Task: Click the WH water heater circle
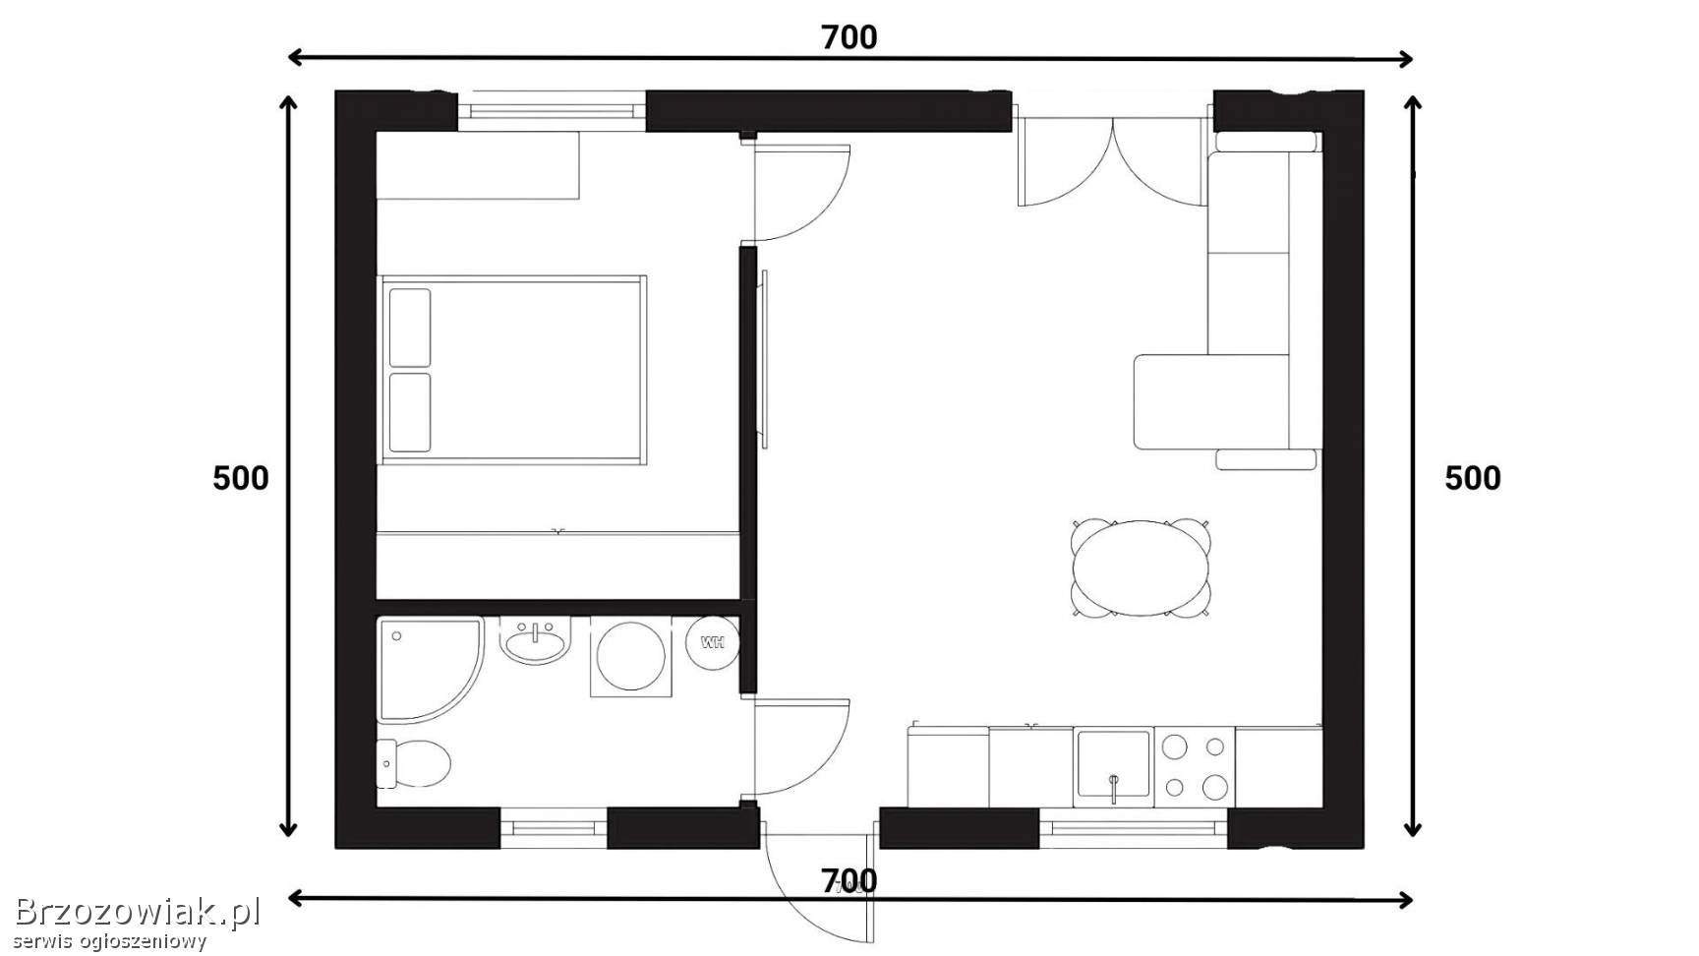712,642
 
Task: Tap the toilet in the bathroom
413,763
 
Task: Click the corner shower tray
430,669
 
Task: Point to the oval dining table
1141,568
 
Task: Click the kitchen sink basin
1113,766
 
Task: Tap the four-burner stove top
1195,766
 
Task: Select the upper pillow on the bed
410,328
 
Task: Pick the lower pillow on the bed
410,412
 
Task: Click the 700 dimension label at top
849,37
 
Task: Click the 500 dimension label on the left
241,478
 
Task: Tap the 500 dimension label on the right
1473,478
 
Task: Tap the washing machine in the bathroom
630,657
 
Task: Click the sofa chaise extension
1211,401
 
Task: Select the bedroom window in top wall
552,110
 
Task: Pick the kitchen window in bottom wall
1134,828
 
